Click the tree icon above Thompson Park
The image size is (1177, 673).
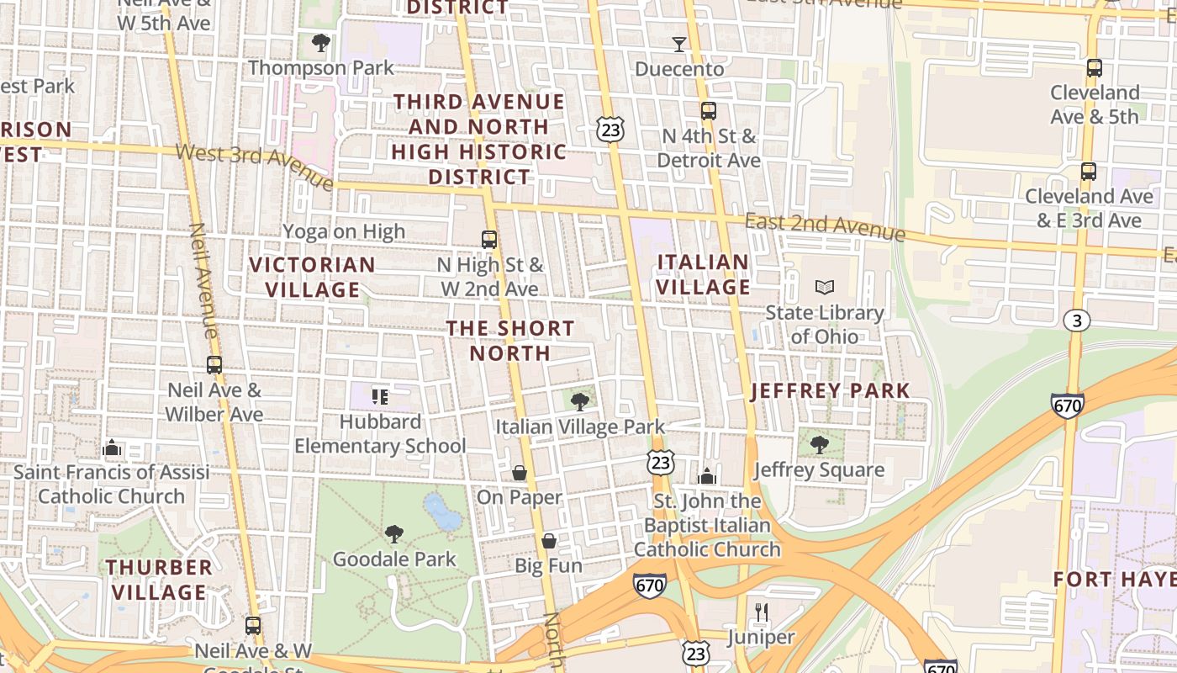point(320,42)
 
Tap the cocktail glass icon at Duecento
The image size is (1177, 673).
point(679,44)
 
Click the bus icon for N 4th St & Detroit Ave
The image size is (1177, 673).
point(709,110)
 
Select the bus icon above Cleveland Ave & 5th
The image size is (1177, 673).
point(1095,67)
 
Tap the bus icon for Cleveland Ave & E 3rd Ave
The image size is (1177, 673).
point(1089,171)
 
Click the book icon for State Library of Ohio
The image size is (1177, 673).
point(825,287)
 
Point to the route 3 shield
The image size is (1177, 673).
point(1077,321)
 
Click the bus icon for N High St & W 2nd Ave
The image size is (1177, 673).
point(489,239)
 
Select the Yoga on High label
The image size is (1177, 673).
point(344,231)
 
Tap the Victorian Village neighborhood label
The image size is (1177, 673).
point(313,277)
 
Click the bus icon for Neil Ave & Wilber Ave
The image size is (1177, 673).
point(214,365)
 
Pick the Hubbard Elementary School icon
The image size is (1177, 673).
point(380,396)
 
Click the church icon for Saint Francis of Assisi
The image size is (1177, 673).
point(112,448)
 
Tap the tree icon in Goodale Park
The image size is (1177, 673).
point(393,533)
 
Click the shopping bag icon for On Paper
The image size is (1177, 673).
point(520,473)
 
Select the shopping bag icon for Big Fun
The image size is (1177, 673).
point(549,540)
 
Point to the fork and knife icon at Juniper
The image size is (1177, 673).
point(762,612)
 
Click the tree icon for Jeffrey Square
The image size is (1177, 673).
point(819,444)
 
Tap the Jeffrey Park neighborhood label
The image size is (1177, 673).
point(830,390)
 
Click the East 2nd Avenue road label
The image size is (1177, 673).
point(825,226)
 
